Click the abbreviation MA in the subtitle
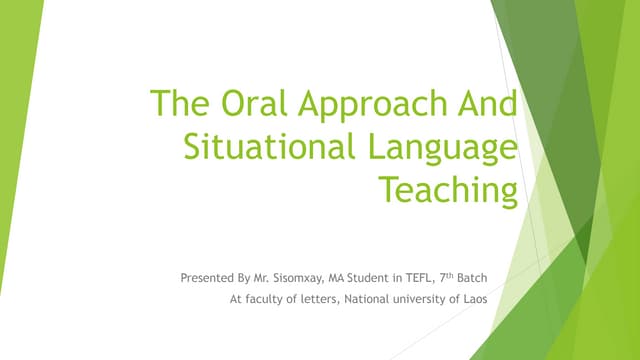click(x=340, y=275)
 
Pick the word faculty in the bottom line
click(x=268, y=297)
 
